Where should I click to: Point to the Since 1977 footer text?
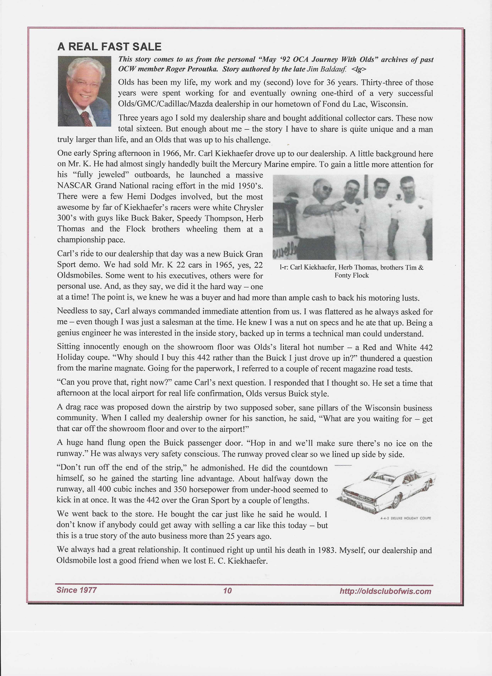tap(77, 590)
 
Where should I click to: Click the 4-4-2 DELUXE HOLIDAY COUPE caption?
tap(406, 518)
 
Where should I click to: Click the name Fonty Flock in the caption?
tap(352, 275)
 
